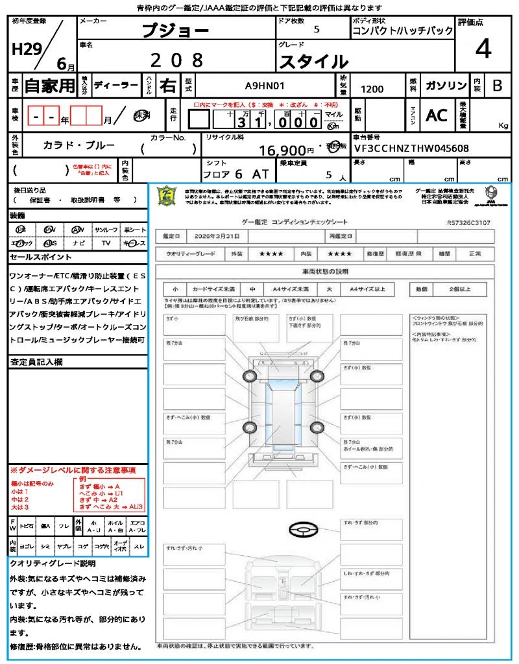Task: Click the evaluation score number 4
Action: (x=483, y=49)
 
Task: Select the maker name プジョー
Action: (x=175, y=30)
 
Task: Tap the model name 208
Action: (x=176, y=60)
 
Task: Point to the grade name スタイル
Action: (x=313, y=62)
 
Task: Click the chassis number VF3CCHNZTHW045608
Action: (x=411, y=148)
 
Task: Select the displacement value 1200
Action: (x=372, y=89)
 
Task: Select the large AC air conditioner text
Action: (x=437, y=115)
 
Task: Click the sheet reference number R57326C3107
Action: (x=468, y=222)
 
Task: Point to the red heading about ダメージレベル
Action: (x=73, y=469)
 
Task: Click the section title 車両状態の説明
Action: (x=325, y=271)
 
